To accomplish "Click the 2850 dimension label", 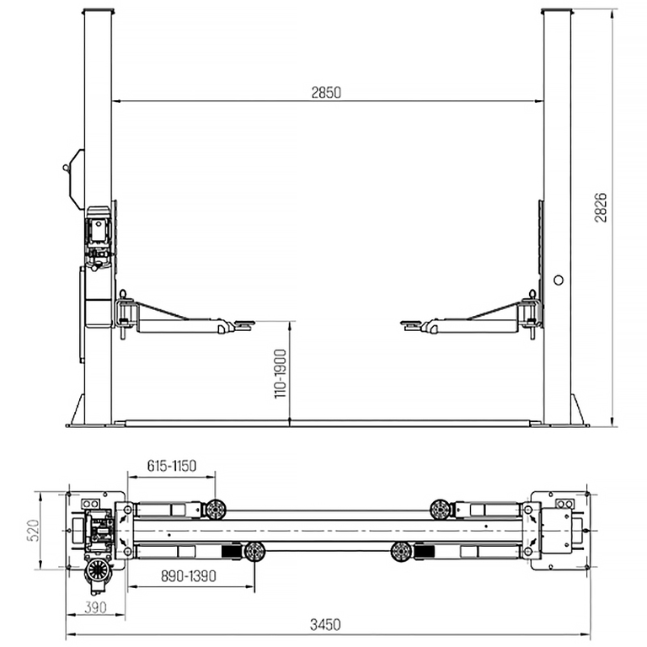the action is pyautogui.click(x=326, y=93).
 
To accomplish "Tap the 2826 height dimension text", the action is pyautogui.click(x=601, y=207).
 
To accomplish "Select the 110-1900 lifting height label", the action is pyautogui.click(x=281, y=374).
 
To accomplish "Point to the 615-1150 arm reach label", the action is pyautogui.click(x=172, y=466).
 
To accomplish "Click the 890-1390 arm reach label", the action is pyautogui.click(x=189, y=576).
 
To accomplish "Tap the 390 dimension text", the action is pyautogui.click(x=95, y=607).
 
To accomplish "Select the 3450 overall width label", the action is pyautogui.click(x=325, y=625).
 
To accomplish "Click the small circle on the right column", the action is pyautogui.click(x=559, y=281).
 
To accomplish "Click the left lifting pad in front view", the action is pyautogui.click(x=243, y=324).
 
